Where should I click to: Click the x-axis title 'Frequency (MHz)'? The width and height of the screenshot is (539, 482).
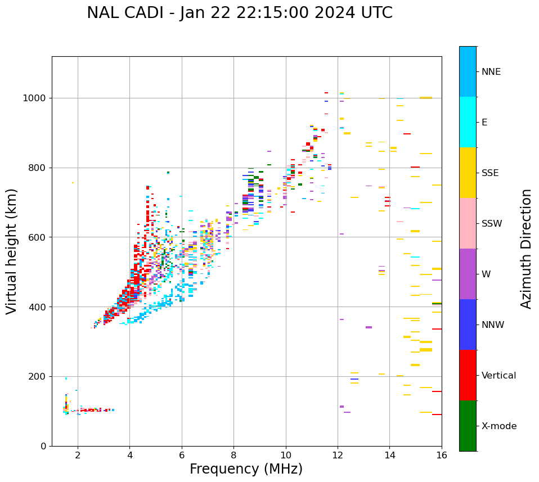click(x=246, y=469)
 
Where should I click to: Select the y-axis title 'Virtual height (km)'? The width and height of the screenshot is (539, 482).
click(x=12, y=251)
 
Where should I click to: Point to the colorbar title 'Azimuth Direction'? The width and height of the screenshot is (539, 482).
click(x=526, y=249)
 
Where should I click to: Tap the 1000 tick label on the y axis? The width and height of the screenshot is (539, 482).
click(x=34, y=98)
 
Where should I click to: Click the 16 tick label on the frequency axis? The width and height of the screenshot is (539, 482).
click(x=442, y=455)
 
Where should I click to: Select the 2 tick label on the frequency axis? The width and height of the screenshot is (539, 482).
click(x=78, y=455)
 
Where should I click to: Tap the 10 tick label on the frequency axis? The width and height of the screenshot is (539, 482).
click(x=286, y=455)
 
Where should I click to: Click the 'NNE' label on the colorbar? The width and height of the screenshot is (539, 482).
click(x=491, y=72)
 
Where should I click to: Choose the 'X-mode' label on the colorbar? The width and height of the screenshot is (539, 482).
click(x=498, y=426)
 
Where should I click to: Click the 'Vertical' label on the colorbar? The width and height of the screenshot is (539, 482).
click(x=498, y=376)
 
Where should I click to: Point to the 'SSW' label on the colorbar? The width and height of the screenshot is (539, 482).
click(x=492, y=224)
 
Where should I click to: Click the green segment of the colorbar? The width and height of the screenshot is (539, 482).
click(x=468, y=426)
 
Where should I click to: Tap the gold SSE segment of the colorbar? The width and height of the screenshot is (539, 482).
click(x=468, y=173)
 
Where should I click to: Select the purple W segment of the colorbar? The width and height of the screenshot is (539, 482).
click(x=468, y=274)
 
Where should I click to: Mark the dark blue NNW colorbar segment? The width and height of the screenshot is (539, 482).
click(x=468, y=325)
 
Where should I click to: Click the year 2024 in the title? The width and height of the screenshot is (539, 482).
click(x=333, y=13)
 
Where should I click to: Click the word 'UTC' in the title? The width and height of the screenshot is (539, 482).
click(x=376, y=13)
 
